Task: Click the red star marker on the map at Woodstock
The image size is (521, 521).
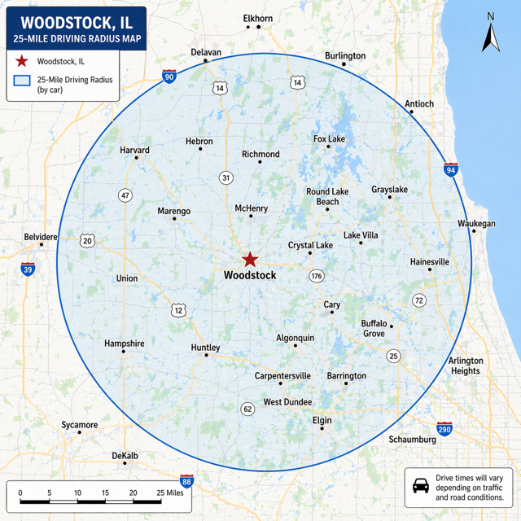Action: tap(250, 260)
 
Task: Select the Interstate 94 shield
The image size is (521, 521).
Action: tap(451, 169)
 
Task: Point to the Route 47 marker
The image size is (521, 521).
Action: tap(125, 195)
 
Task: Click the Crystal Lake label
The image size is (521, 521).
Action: tap(310, 245)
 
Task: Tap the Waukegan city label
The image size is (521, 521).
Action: tap(476, 223)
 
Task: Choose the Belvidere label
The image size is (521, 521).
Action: tap(41, 237)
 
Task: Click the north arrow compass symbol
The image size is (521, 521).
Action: tap(490, 34)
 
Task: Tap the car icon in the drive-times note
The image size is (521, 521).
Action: tap(421, 486)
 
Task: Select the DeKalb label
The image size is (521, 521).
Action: tap(125, 455)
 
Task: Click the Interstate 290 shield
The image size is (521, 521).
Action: tap(444, 428)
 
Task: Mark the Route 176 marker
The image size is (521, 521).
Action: tap(317, 276)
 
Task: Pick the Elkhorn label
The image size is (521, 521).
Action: tap(258, 18)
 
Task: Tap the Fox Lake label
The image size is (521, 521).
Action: tap(329, 139)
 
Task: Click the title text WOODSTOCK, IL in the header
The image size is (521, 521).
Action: tap(77, 22)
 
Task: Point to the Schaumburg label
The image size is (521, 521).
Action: tap(413, 440)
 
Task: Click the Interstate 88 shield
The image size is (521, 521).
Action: tap(187, 481)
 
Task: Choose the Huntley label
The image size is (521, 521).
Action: tap(205, 348)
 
